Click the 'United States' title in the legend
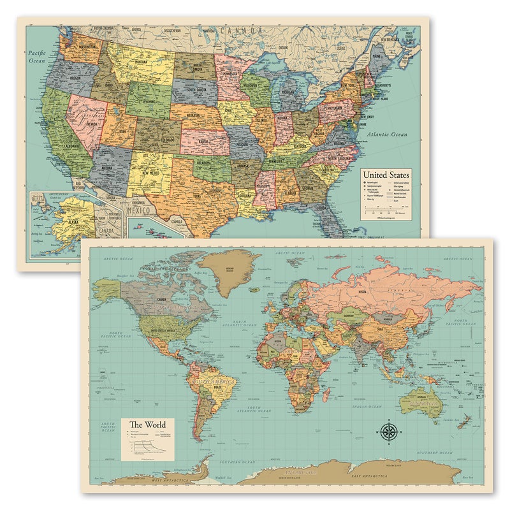386,174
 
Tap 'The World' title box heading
147,425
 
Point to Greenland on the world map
228,272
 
